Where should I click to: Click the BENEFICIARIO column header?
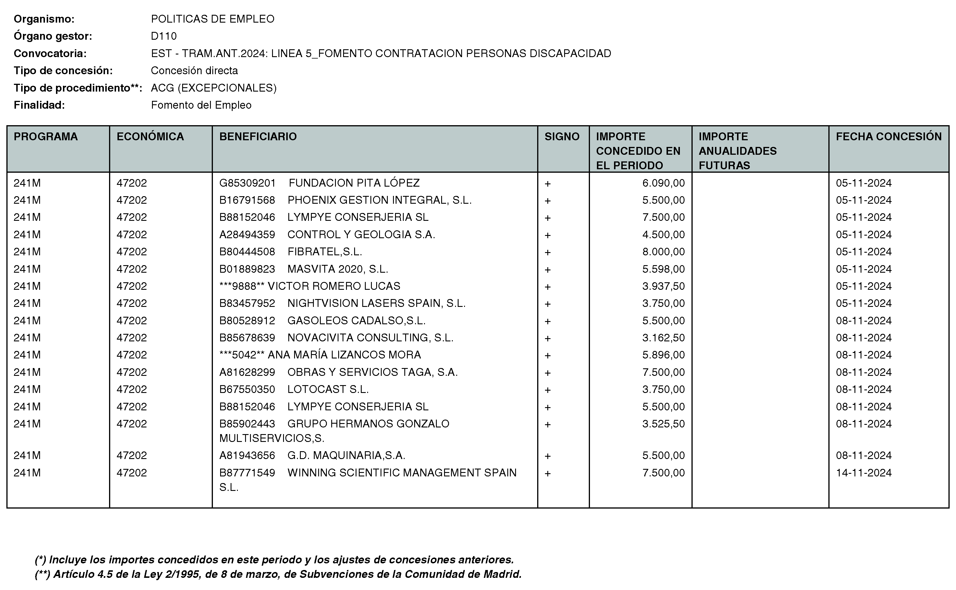[258, 136]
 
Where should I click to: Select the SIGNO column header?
[562, 136]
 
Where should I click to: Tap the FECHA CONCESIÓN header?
[888, 136]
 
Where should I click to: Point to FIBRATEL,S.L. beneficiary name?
[325, 252]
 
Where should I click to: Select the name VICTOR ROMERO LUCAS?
[334, 286]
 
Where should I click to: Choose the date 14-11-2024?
[863, 473]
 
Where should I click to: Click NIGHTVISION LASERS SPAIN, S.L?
[376, 303]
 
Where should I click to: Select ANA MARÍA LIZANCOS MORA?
[344, 355]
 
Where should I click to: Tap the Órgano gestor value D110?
[164, 36]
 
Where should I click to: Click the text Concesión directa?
[194, 71]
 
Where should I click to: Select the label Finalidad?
[39, 105]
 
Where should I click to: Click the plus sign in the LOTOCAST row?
[548, 390]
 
